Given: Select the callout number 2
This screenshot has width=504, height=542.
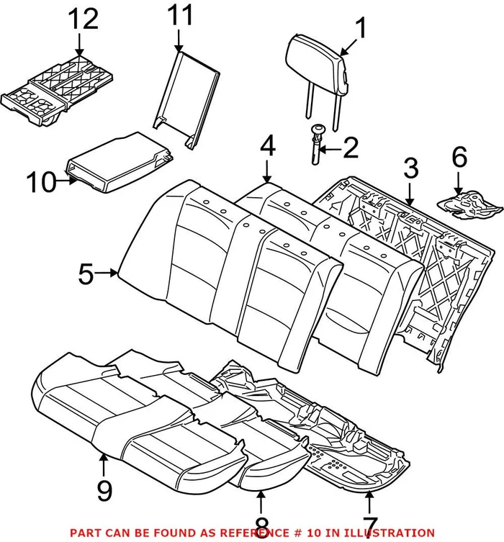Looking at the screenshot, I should (x=350, y=149).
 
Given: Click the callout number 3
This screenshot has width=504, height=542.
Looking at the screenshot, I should (x=410, y=170).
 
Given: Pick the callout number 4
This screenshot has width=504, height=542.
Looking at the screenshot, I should (x=268, y=148).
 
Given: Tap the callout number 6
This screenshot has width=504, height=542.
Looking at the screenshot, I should (x=459, y=156).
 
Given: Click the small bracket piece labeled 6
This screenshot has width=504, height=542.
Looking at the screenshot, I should (x=472, y=201).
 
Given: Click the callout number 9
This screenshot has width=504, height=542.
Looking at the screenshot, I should (x=104, y=492).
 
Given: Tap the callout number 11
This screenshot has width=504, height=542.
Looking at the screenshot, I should (x=181, y=17).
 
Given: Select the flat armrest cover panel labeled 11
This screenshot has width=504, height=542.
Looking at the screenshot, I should (x=185, y=97).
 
